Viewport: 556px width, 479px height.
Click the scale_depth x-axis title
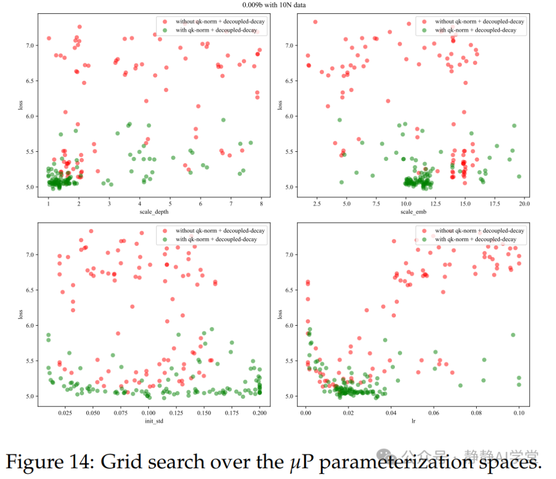tap(155, 211)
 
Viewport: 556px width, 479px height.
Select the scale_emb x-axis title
tap(413, 211)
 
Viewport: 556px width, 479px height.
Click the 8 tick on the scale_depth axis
tap(261, 204)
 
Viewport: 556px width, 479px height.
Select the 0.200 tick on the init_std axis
tap(259, 413)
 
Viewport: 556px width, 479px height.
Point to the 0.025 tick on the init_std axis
tap(64, 413)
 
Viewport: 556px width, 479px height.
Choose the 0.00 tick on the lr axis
tap(306, 413)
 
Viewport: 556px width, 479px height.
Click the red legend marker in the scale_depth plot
tap(164, 22)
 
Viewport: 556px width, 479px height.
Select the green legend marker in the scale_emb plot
tap(425, 30)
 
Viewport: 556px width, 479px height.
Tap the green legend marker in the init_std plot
tap(164, 239)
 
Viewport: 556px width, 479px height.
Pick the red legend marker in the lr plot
tap(425, 230)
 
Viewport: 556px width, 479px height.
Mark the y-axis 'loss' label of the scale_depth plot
tap(21, 105)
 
